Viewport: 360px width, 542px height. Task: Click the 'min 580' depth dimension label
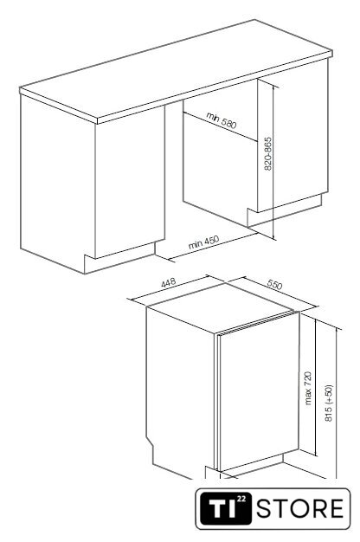pos(222,119)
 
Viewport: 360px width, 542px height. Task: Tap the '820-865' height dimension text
pos(267,154)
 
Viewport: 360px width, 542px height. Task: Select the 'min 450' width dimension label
pos(204,242)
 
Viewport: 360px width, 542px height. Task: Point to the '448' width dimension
pos(168,282)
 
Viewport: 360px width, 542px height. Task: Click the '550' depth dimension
pos(274,284)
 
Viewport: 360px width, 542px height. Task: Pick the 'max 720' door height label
pos(308,388)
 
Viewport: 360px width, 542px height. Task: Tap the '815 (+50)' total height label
pos(328,403)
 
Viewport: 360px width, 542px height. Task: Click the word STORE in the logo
pos(300,508)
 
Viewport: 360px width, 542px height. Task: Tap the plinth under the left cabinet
pos(119,257)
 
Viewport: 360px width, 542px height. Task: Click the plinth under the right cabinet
pos(284,211)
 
